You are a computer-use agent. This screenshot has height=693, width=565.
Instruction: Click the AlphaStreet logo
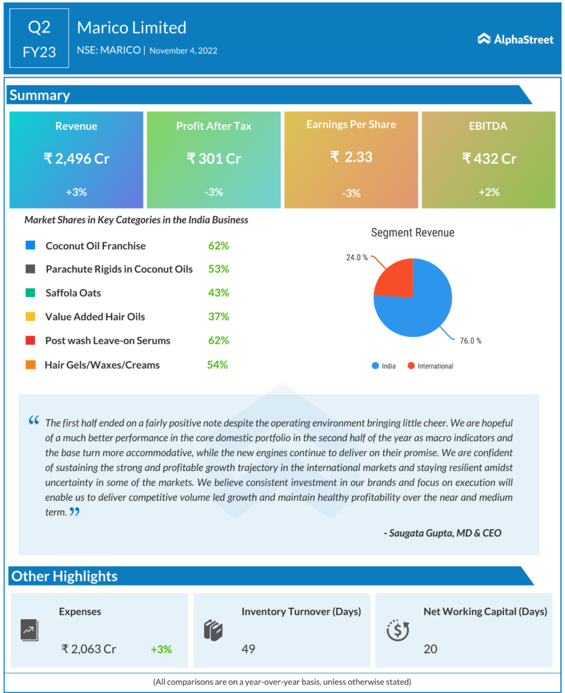click(515, 39)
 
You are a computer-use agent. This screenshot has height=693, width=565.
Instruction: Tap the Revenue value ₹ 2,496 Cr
click(76, 159)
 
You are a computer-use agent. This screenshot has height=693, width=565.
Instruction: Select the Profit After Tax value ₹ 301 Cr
click(214, 159)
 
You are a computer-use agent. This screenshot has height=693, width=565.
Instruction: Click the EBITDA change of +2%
click(489, 192)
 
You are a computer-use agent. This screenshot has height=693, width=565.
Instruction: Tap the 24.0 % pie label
click(357, 258)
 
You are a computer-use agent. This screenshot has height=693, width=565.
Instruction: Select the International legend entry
click(435, 366)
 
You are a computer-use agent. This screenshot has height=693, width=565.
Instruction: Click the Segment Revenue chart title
click(412, 233)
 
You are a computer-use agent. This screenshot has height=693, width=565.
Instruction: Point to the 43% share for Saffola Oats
click(218, 293)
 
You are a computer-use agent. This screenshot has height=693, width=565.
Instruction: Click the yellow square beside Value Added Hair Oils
click(30, 317)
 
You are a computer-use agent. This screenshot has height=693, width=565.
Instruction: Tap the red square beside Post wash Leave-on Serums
click(30, 340)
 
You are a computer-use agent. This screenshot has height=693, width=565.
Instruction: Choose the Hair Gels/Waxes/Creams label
click(102, 365)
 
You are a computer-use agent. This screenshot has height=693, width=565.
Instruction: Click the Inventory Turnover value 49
click(248, 649)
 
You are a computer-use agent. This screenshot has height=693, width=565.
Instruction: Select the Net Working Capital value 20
click(431, 649)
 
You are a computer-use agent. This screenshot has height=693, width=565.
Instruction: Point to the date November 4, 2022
click(183, 50)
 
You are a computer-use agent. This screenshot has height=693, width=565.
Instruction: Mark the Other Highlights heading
click(65, 577)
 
